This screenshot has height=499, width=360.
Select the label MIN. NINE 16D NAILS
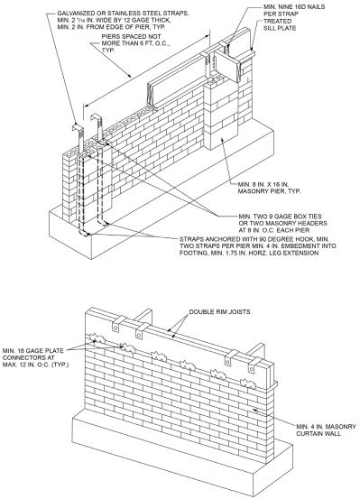[294, 6]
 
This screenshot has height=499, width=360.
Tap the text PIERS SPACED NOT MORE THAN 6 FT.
[135, 40]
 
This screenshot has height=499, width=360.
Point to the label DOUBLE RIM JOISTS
[219, 312]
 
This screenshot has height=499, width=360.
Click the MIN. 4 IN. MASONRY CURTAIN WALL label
[326, 430]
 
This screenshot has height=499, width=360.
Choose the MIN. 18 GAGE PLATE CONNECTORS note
[33, 354]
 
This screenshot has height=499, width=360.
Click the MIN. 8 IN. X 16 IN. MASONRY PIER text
[269, 188]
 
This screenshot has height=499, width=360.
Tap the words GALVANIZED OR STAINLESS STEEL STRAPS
[123, 14]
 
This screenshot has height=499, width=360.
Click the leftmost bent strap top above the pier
[78, 126]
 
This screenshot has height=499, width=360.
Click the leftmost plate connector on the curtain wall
[97, 339]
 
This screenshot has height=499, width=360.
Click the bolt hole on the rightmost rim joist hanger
[252, 370]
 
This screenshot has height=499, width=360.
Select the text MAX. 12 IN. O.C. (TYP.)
[36, 365]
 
